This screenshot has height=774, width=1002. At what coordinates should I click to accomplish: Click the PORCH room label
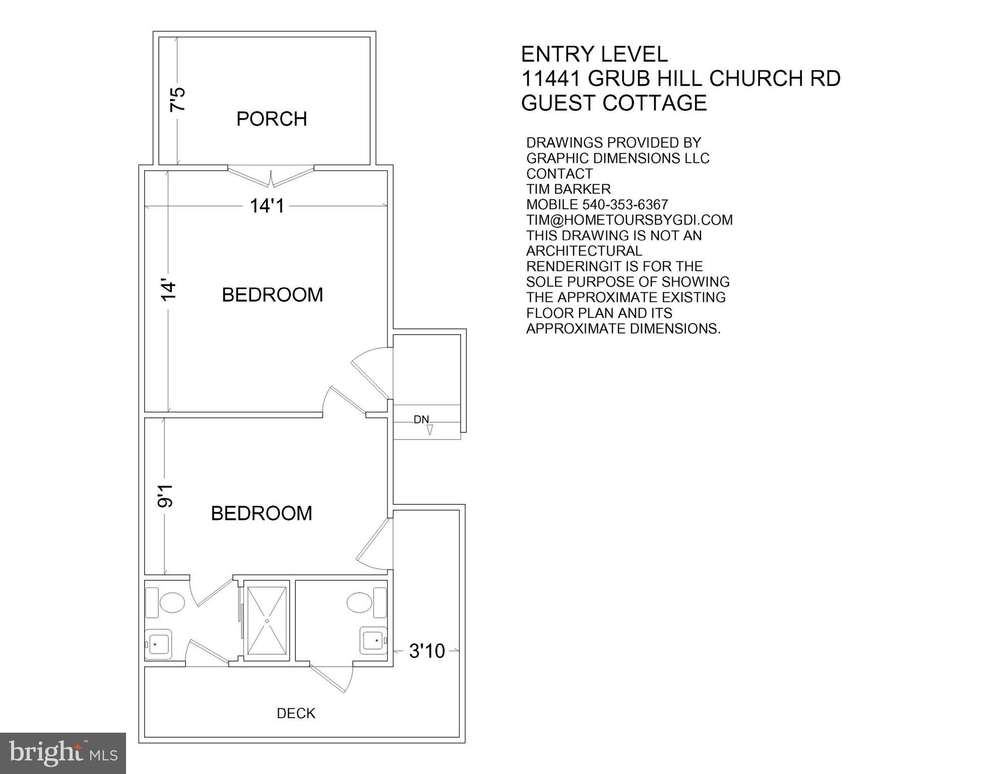click(272, 119)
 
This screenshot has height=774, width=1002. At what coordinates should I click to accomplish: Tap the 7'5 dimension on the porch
click(178, 100)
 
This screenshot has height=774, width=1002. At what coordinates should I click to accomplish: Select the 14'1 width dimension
click(267, 206)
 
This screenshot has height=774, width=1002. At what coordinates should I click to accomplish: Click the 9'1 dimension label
click(165, 496)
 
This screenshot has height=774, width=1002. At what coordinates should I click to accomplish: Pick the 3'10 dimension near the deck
click(427, 651)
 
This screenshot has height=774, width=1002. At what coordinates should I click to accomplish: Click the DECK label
click(296, 713)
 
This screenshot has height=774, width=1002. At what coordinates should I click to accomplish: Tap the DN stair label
click(421, 419)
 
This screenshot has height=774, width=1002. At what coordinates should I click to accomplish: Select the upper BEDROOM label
click(272, 295)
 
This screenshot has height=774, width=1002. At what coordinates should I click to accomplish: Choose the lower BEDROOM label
click(261, 513)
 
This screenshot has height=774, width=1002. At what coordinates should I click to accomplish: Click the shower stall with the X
click(267, 620)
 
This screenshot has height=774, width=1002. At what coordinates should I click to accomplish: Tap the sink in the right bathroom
click(373, 640)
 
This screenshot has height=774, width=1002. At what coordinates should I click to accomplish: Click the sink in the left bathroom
click(158, 643)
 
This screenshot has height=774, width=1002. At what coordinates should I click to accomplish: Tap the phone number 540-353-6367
click(625, 205)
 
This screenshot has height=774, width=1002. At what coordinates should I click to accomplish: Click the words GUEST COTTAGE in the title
click(613, 103)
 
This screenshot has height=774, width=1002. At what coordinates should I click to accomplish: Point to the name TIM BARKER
click(568, 189)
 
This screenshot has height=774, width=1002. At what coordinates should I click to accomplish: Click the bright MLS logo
click(62, 753)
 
